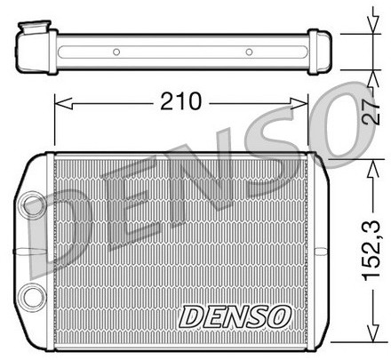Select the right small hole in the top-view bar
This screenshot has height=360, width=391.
point(249,52)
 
